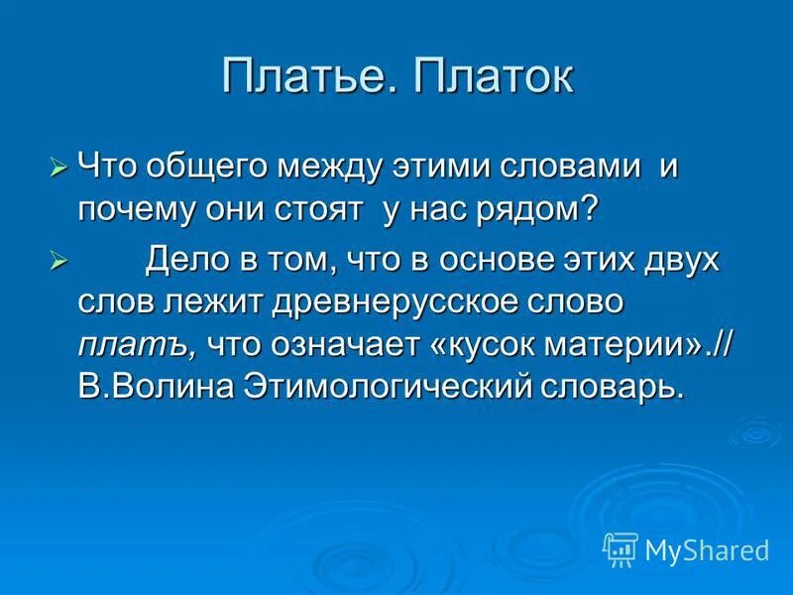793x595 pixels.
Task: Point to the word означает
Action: (x=342, y=345)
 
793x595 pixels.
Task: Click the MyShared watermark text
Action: (x=706, y=548)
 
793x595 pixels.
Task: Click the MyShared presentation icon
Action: (x=621, y=548)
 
